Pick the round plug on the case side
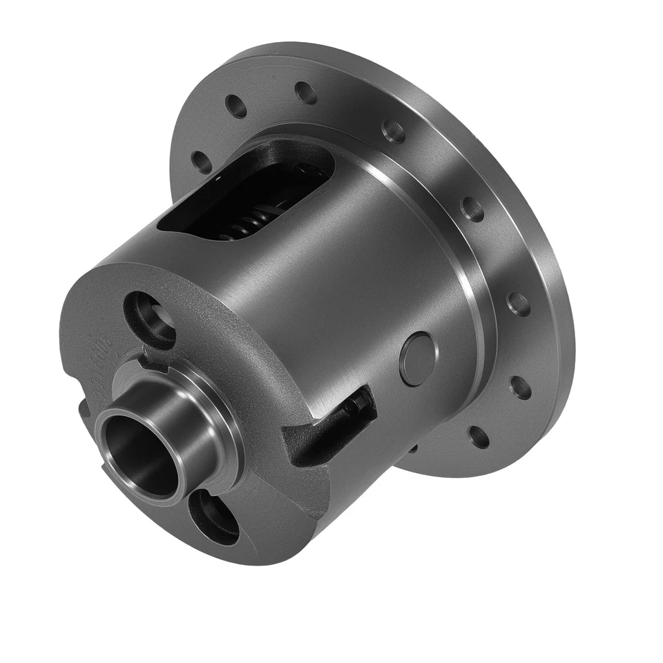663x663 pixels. pos(418,358)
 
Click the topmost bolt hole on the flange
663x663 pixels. pos(306,92)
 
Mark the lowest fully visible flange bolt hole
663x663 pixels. pos(478,436)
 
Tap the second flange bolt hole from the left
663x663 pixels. pos(236,107)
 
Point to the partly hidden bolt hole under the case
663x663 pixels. pos(412,449)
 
